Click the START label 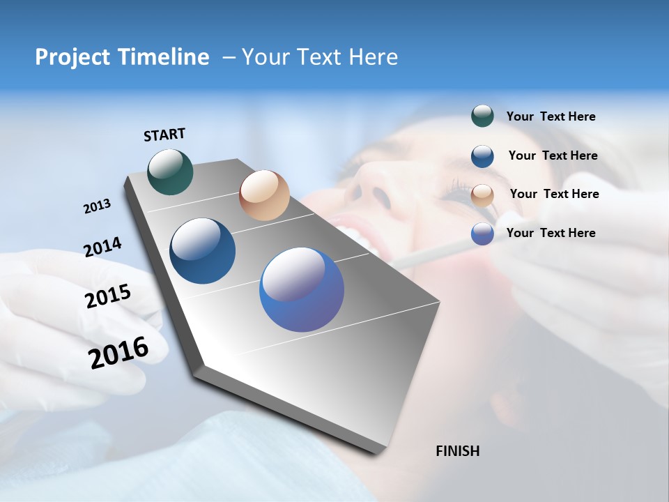(164, 135)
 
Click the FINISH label (457, 451)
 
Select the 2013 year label (97, 206)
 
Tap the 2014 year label (102, 248)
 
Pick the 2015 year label (108, 296)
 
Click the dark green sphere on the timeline (170, 172)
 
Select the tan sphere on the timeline (264, 195)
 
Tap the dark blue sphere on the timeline (202, 251)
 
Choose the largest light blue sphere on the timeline (302, 289)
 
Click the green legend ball (482, 116)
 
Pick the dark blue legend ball (482, 156)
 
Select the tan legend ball (482, 195)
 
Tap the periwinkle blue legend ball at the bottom (482, 234)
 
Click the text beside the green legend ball (551, 117)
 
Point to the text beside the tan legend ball (554, 194)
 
